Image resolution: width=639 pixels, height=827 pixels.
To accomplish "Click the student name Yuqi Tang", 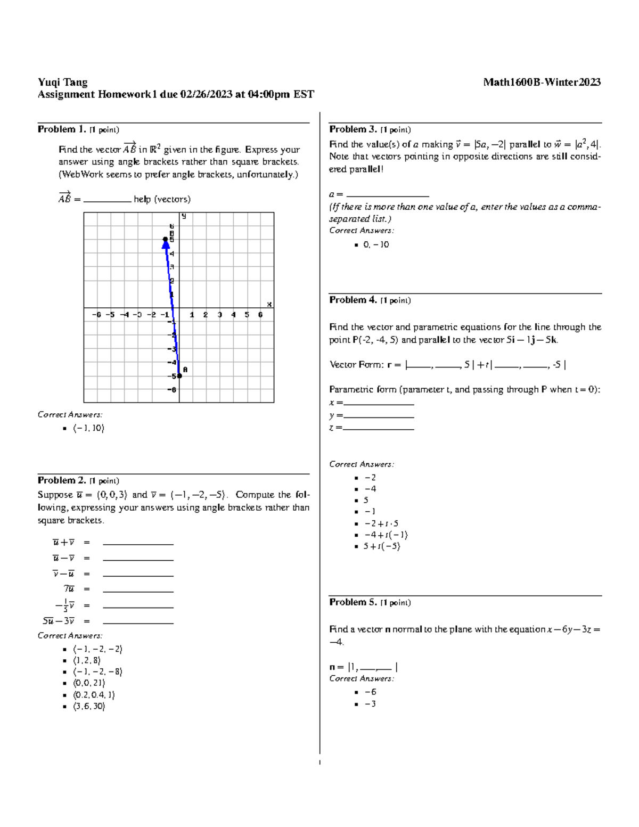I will [x=62, y=82].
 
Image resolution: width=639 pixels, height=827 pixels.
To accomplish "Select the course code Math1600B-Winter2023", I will [x=542, y=82].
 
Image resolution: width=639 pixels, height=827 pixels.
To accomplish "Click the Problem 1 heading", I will [x=61, y=129].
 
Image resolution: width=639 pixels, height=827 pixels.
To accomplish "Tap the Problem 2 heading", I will [x=61, y=480].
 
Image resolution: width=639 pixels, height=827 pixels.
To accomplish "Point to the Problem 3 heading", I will [x=353, y=129].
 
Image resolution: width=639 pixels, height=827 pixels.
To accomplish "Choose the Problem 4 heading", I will [x=353, y=300].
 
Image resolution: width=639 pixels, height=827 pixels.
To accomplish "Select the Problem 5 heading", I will [x=353, y=602].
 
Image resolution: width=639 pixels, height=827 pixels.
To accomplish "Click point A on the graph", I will [x=179, y=375].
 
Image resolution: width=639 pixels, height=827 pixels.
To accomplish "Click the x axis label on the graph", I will [x=269, y=304].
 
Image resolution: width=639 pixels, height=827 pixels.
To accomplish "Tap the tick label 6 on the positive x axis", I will [x=260, y=315].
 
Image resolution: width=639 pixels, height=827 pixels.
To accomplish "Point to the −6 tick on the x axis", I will [x=96, y=315].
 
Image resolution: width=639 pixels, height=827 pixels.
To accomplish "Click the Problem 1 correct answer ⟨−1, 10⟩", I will [x=89, y=428].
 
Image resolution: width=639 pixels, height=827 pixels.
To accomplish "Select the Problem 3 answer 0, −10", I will [x=376, y=245].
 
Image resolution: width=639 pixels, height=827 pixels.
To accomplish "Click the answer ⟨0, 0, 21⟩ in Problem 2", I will [x=89, y=683].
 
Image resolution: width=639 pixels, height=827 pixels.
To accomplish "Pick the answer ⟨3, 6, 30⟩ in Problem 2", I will [x=89, y=707].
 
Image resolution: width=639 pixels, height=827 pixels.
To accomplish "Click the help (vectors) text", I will [x=162, y=199].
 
